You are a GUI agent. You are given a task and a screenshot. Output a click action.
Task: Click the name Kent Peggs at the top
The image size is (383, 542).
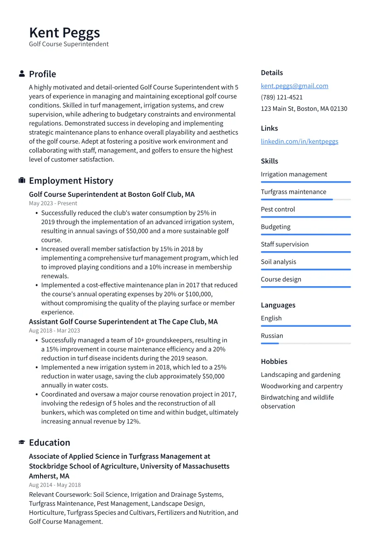64,33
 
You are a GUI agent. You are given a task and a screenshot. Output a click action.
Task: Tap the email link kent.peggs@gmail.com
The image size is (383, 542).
294,86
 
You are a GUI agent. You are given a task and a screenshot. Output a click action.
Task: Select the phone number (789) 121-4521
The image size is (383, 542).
281,98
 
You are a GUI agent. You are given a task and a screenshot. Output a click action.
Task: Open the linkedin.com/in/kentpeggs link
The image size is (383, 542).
299,141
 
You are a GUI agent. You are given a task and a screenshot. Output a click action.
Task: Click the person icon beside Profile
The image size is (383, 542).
22,74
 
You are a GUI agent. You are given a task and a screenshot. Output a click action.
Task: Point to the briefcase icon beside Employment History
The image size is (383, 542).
22,181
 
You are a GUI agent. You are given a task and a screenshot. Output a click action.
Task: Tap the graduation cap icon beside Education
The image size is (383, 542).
22,443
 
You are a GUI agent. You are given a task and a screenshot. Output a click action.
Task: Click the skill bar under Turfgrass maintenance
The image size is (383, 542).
305,200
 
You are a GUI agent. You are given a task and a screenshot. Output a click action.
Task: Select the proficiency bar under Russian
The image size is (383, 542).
305,344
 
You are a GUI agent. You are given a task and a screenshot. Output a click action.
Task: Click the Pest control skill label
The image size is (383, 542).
278,209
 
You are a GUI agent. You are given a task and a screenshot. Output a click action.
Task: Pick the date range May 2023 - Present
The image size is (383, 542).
53,203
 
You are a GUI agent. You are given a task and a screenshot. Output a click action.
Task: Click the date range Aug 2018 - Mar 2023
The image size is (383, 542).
54,330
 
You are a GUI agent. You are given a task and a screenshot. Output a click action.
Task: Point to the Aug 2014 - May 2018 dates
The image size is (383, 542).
55,485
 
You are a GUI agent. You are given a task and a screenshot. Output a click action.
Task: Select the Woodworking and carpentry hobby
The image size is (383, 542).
302,386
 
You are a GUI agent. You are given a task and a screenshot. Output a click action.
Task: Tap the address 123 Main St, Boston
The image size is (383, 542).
304,109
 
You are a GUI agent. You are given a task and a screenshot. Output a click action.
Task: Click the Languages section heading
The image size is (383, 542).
278,305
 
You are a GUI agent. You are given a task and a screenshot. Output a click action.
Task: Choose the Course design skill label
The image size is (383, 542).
281,279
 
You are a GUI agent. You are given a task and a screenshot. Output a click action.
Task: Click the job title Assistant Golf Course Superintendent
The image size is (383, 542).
123,322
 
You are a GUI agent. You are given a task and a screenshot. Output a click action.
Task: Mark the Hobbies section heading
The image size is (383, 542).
274,362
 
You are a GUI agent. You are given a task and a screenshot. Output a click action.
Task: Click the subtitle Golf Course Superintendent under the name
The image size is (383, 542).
69,44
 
